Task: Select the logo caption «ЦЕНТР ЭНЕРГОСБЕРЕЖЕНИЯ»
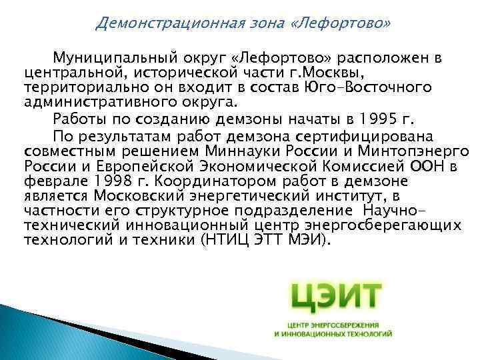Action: pyautogui.click(x=333, y=323)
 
